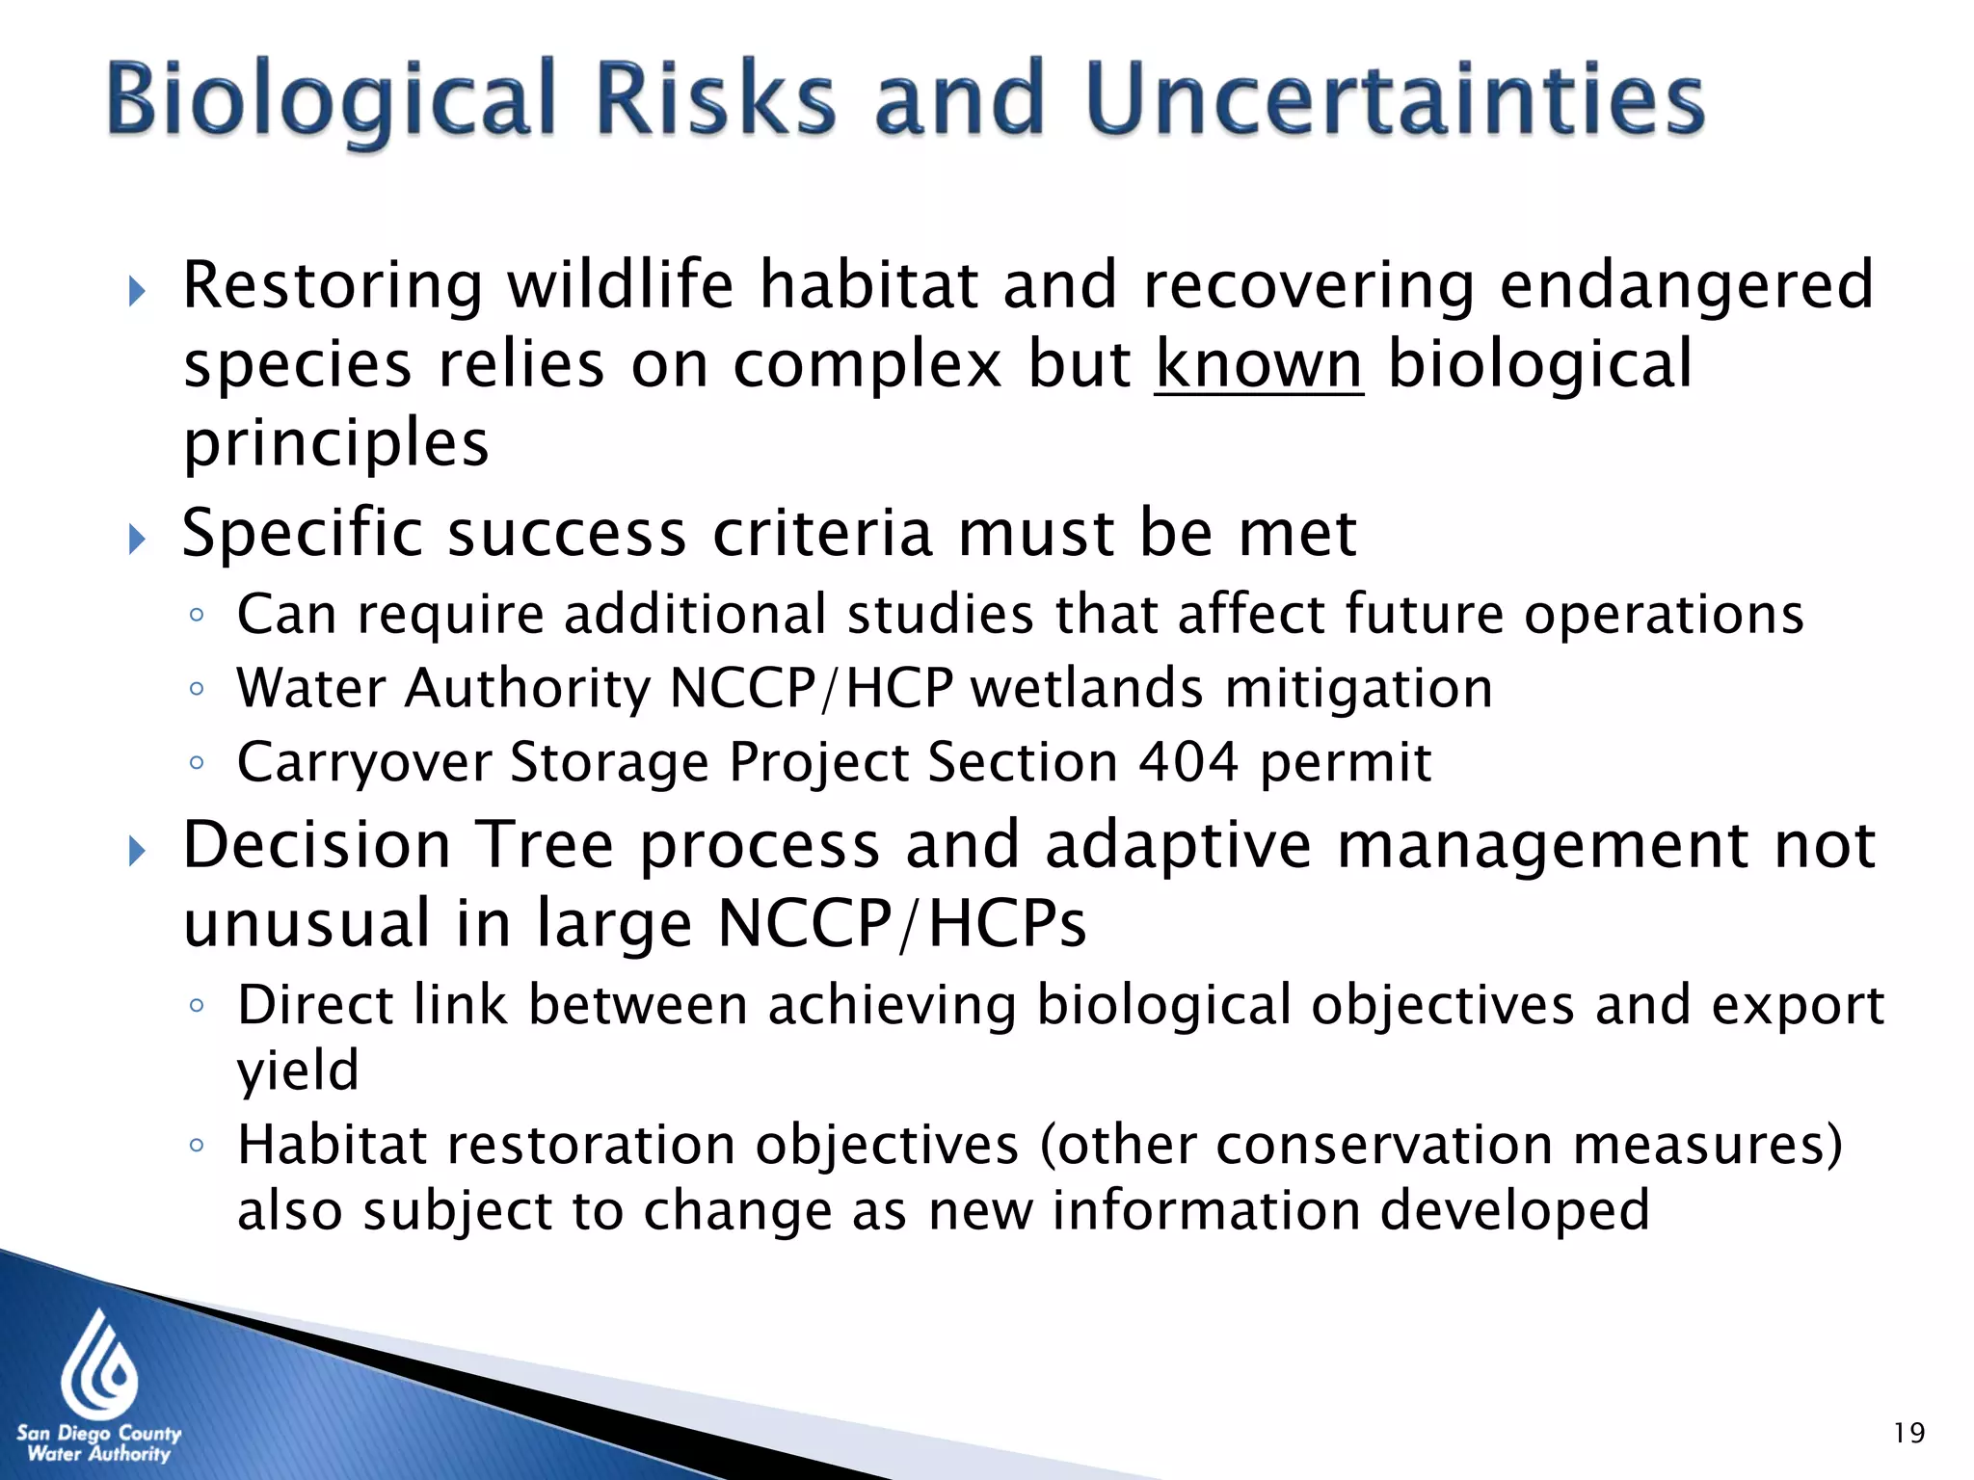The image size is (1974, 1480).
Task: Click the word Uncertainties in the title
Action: (1394, 98)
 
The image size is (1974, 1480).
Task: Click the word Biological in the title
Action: (332, 100)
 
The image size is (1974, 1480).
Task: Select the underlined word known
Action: (1258, 364)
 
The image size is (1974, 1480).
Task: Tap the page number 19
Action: (1908, 1433)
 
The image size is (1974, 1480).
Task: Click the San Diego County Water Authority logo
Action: (98, 1387)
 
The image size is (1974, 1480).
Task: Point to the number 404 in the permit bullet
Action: (1187, 762)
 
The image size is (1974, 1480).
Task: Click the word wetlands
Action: (1086, 688)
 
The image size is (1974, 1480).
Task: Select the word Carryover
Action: (365, 762)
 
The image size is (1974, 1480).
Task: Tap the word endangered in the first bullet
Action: (1686, 285)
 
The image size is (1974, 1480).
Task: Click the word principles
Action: (336, 443)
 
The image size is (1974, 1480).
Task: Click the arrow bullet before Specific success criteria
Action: (137, 539)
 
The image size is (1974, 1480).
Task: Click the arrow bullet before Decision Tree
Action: (137, 851)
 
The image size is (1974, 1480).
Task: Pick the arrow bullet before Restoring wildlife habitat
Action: (137, 290)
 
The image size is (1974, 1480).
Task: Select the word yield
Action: (298, 1070)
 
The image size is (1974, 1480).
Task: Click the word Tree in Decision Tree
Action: (546, 845)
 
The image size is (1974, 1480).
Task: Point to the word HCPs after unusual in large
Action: (1007, 923)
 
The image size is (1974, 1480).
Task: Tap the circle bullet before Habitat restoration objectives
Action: (197, 1145)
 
